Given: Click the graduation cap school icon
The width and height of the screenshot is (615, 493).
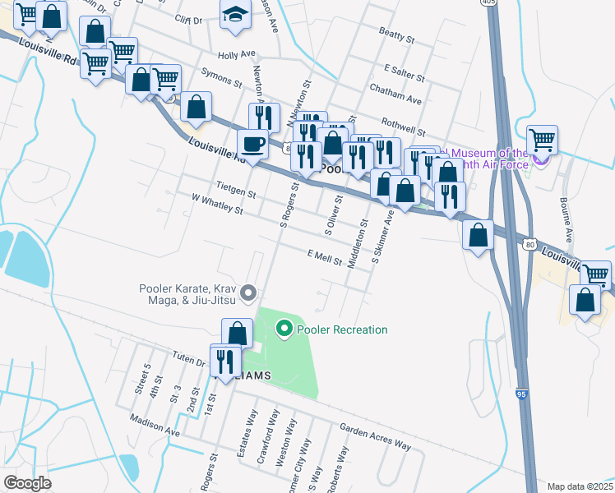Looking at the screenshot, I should point(235,15).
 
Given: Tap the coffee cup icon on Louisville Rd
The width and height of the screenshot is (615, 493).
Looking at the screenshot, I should point(252,145).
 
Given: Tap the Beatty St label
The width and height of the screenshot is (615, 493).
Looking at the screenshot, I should point(395,35).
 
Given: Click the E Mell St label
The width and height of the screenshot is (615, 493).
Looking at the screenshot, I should point(324,256).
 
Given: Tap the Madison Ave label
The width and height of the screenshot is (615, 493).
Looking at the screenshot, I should point(154,425).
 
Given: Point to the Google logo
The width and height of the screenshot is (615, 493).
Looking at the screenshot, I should point(27,483).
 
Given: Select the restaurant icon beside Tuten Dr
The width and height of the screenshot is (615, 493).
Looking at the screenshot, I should point(224,361).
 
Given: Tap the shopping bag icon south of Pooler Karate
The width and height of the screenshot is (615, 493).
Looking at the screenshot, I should point(237,334).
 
